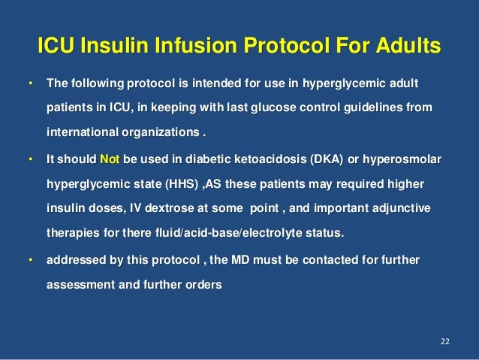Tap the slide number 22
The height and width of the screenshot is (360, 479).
click(x=444, y=343)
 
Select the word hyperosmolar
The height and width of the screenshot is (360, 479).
click(x=403, y=160)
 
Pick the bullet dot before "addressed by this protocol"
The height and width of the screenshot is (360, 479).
click(x=30, y=260)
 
